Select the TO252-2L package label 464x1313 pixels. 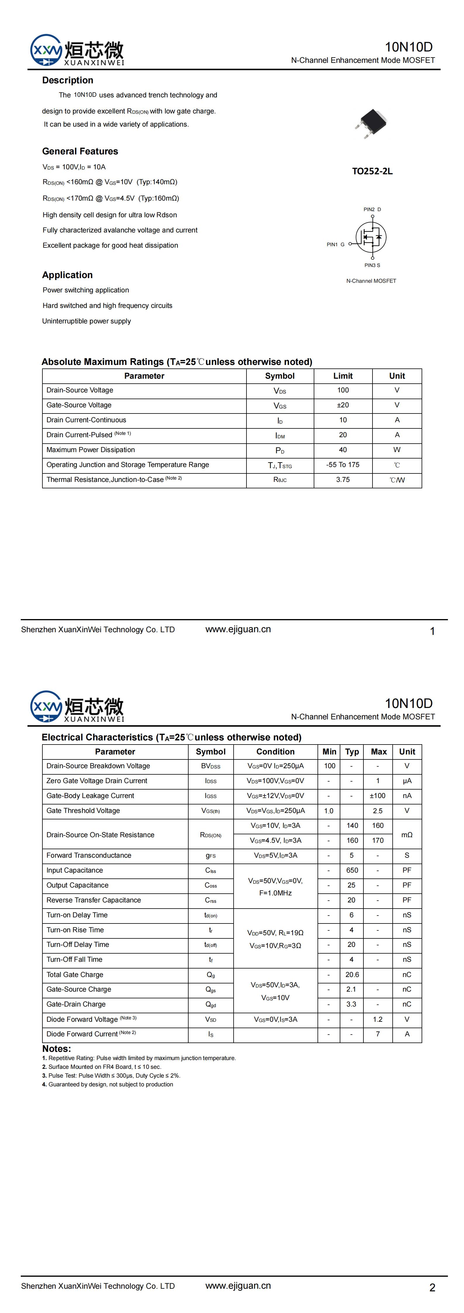tap(372, 171)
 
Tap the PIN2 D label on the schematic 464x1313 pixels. tap(372, 209)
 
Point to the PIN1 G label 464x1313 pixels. tap(336, 245)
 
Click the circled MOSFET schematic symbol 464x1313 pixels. tap(371, 237)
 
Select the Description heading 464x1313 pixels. tap(68, 80)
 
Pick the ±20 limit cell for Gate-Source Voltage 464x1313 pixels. tap(343, 405)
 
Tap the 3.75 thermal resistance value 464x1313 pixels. tap(343, 480)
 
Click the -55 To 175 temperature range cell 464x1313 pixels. tap(343, 465)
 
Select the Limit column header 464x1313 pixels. tap(343, 376)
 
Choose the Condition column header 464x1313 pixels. tap(275, 752)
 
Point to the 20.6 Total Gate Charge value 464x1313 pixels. tap(352, 975)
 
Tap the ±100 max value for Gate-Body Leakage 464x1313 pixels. tap(377, 796)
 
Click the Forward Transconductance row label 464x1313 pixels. tap(89, 855)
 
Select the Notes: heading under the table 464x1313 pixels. tap(57, 1049)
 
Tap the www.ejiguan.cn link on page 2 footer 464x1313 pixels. tap(238, 1286)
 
